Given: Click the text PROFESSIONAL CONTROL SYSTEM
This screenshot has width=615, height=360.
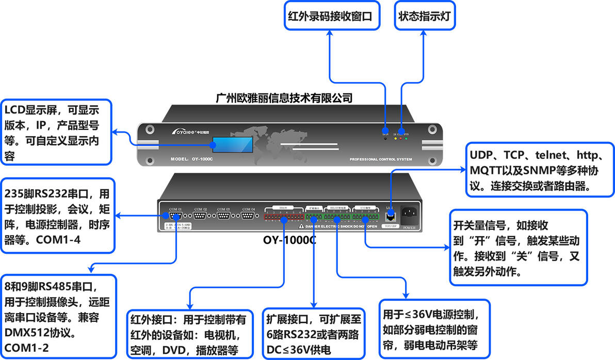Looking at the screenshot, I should pos(381,159).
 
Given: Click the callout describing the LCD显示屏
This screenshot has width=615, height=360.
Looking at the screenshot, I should pos(56,132).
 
